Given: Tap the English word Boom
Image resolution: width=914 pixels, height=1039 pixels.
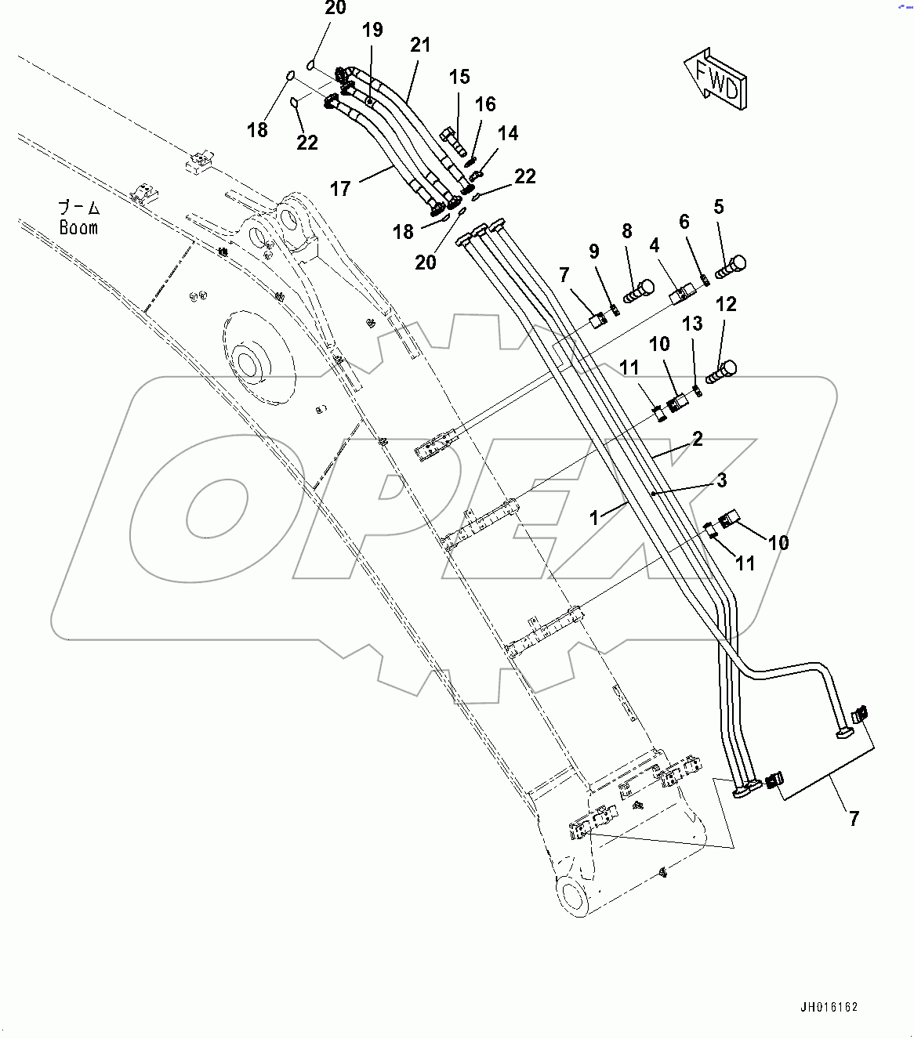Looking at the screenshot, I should click(x=78, y=228).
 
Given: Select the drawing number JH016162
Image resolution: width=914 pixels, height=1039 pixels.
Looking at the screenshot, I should click(x=829, y=1007).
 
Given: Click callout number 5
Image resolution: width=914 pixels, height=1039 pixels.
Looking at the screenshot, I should click(x=719, y=207).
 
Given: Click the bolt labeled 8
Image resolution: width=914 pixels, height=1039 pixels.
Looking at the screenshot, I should click(x=638, y=291).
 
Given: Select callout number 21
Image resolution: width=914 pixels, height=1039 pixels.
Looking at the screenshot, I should click(x=421, y=45).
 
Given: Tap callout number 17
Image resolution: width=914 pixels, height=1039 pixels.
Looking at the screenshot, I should click(x=339, y=189).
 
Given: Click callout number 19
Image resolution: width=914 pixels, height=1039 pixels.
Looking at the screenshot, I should click(x=372, y=30).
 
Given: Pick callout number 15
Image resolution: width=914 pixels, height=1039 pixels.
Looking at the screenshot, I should click(x=460, y=77).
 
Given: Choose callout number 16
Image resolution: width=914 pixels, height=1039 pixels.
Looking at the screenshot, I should click(x=485, y=104).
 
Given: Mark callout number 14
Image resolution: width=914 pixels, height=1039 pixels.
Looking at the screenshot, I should click(x=508, y=133).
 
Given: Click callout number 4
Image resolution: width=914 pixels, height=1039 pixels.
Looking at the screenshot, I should click(x=654, y=246).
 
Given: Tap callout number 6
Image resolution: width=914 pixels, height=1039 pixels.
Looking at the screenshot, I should click(x=684, y=222).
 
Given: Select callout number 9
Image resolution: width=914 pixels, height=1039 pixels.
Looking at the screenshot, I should click(x=594, y=251).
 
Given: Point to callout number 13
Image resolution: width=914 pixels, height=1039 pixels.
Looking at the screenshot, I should click(x=692, y=324).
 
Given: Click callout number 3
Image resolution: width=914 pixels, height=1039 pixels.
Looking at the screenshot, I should click(x=722, y=480).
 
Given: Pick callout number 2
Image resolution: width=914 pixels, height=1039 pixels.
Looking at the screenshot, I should click(x=697, y=439).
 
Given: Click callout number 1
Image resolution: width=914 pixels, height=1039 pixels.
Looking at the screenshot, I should click(x=594, y=517).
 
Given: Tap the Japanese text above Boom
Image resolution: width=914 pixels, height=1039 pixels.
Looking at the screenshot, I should click(x=79, y=208).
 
